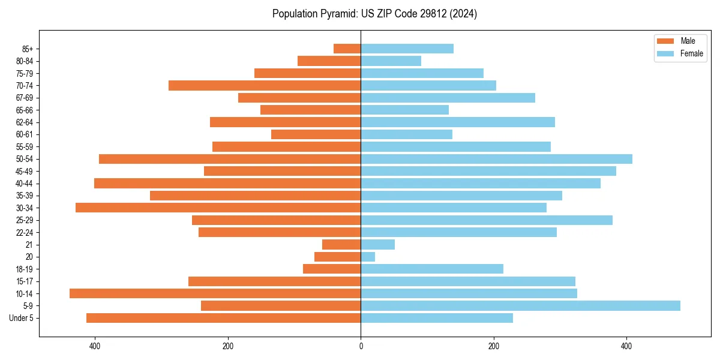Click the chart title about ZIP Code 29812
(374, 14)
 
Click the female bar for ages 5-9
(520, 306)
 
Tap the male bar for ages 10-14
(215, 293)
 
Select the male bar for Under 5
(223, 318)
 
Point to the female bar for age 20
(368, 257)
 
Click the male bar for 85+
(347, 49)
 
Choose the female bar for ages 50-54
(496, 159)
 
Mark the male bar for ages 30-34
(218, 208)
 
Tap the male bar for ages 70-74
(265, 85)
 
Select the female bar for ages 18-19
(432, 269)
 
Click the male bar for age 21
(341, 245)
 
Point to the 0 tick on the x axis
(361, 346)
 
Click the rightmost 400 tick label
(626, 346)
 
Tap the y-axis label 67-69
(25, 98)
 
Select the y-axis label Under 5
(21, 318)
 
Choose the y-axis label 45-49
(25, 171)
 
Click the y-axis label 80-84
(25, 61)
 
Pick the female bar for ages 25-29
(487, 220)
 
